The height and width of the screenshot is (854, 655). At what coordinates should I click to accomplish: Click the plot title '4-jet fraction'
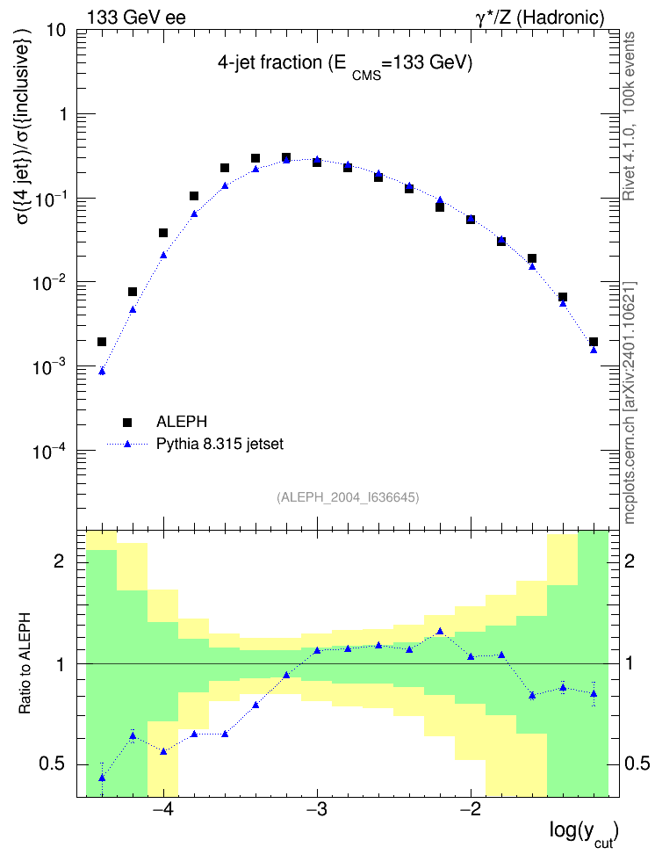[270, 63]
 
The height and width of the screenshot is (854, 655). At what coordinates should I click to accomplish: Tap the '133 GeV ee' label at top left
[136, 18]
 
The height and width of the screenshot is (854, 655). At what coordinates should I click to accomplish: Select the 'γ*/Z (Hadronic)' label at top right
[540, 18]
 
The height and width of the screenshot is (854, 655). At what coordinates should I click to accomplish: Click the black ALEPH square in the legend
[127, 422]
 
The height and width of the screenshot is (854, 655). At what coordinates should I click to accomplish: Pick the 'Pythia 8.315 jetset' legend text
[220, 445]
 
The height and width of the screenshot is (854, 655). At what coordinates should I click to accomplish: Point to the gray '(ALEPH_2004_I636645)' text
[348, 497]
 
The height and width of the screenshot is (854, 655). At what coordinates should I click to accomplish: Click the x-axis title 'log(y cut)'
[584, 833]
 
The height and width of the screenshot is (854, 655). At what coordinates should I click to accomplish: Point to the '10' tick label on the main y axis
[55, 31]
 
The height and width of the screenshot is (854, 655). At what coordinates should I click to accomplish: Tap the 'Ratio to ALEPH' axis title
[25, 664]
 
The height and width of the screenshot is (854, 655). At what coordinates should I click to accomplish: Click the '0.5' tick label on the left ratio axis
[52, 764]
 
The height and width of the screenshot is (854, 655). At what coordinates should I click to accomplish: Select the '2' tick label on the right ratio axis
[630, 561]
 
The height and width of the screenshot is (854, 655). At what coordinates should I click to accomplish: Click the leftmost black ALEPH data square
[102, 342]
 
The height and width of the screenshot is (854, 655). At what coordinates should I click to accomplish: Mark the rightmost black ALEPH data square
[594, 342]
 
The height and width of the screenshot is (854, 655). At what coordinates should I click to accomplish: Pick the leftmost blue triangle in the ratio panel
[102, 778]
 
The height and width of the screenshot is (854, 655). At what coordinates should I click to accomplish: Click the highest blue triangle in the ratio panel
[440, 631]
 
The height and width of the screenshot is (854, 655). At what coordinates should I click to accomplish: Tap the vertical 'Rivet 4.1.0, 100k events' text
[629, 116]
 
